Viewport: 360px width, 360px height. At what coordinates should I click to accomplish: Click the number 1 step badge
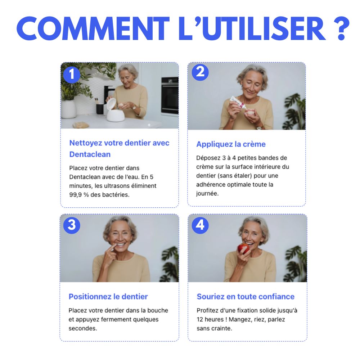[x=72, y=75]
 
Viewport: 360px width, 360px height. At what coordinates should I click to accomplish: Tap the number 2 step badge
[x=200, y=72]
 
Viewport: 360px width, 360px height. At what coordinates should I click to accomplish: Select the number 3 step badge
[x=72, y=225]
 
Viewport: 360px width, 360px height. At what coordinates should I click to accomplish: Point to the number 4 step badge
[x=200, y=225]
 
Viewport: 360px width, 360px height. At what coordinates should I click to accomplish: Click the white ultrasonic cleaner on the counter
[x=115, y=110]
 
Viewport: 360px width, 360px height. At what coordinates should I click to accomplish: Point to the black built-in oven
[x=170, y=95]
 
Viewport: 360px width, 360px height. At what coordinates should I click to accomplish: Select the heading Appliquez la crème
[x=231, y=144]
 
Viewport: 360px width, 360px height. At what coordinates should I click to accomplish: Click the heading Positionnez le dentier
[x=108, y=296]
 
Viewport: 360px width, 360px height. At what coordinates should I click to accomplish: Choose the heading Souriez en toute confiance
[x=246, y=296]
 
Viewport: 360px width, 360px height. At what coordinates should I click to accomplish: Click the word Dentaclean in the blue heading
[x=90, y=154]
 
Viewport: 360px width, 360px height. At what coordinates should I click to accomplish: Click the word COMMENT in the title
[x=93, y=29]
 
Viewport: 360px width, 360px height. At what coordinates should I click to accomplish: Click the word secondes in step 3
[x=83, y=328]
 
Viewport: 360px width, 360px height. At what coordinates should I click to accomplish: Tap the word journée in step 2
[x=207, y=194]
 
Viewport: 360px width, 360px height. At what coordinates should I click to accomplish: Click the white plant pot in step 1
[x=68, y=109]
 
